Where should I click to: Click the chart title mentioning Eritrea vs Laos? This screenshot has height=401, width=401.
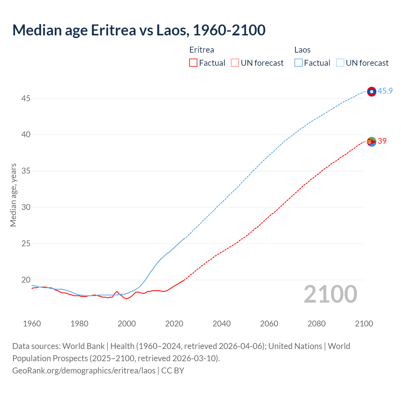tap(139, 30)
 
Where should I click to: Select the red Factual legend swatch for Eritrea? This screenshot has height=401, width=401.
tap(193, 63)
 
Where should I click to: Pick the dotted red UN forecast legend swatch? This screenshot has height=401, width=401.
tap(235, 63)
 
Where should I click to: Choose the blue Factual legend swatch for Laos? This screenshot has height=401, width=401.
tap(299, 63)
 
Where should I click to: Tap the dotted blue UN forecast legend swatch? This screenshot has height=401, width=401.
tap(340, 63)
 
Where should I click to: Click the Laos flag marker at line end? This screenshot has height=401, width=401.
tap(372, 91)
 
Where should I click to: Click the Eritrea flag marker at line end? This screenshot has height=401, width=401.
tap(372, 142)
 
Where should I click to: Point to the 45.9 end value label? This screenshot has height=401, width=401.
tap(385, 91)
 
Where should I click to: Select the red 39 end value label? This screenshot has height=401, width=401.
tap(382, 141)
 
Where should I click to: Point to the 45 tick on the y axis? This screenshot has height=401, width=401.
tap(26, 98)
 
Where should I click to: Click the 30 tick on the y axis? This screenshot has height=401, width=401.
tap(26, 207)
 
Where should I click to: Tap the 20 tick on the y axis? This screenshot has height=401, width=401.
tap(26, 280)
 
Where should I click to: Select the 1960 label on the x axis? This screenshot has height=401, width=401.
tap(32, 324)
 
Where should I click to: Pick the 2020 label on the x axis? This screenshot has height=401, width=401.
tap(174, 324)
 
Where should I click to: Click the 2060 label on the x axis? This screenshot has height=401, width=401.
tap(269, 324)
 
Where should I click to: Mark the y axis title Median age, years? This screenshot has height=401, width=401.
tap(13, 195)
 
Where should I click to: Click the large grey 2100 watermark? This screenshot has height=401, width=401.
tap(330, 294)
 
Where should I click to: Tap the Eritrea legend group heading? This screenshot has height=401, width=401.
tap(202, 50)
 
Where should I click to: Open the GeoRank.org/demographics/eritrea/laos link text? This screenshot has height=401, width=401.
tap(84, 371)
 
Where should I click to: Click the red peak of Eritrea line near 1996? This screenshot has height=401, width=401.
tap(117, 291)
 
